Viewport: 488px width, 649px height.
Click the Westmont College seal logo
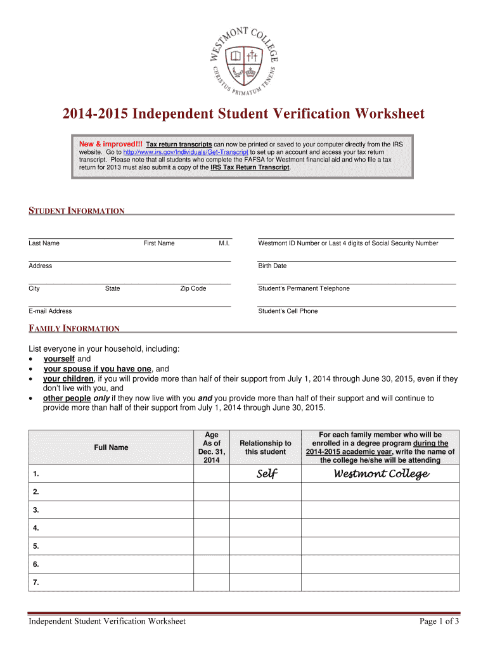click(244, 60)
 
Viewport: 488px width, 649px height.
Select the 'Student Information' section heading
click(77, 211)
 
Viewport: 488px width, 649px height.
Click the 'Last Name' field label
click(44, 243)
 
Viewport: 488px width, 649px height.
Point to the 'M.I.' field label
click(224, 243)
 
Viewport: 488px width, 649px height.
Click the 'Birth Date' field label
click(273, 266)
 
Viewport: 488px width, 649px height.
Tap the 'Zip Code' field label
click(193, 288)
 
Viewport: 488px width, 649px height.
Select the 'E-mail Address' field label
click(50, 311)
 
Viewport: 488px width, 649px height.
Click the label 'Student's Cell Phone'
click(288, 311)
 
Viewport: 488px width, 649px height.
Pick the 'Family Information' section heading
click(74, 328)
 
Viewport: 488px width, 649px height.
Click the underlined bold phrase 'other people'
click(67, 398)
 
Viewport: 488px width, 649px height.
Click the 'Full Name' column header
click(111, 447)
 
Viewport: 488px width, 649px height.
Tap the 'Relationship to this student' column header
click(266, 447)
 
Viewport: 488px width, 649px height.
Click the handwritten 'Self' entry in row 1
click(266, 474)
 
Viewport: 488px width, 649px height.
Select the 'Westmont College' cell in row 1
click(381, 474)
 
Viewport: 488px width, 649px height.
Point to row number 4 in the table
click(36, 528)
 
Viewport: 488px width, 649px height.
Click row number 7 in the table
click(36, 582)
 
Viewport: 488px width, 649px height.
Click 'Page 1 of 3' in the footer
click(439, 622)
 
